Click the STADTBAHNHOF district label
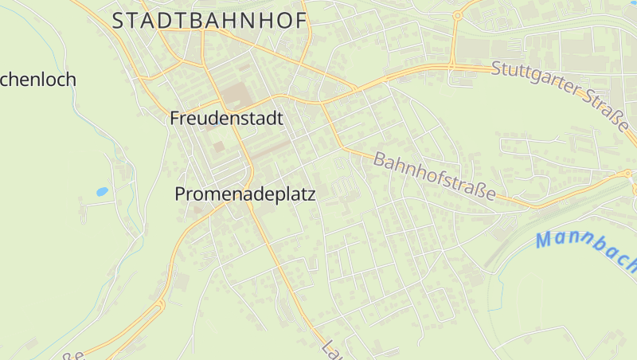click(x=209, y=22)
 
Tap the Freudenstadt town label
click(x=227, y=119)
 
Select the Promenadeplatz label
click(x=245, y=194)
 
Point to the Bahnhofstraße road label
click(x=435, y=177)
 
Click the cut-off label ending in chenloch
click(x=37, y=80)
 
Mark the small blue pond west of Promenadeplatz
click(x=102, y=192)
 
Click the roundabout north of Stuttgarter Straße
click(x=457, y=15)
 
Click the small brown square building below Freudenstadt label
click(x=218, y=147)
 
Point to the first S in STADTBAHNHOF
click(x=118, y=22)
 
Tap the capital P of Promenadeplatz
click(x=181, y=194)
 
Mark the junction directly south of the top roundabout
click(x=451, y=66)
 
